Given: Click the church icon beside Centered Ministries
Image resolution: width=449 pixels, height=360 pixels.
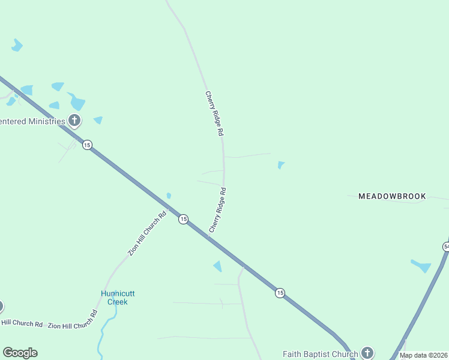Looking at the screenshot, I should tap(74, 121).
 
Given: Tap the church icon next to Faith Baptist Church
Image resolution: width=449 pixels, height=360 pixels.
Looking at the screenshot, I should tap(367, 353).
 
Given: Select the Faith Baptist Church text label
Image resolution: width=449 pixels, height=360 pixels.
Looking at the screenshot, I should tap(321, 354).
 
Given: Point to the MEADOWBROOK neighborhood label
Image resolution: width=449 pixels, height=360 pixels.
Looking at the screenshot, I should tap(392, 196).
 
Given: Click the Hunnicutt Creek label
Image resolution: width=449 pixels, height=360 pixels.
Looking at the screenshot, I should tap(118, 298).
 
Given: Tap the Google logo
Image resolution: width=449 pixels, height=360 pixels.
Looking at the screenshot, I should tap(20, 353).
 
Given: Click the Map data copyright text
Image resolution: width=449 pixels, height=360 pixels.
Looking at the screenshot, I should tap(424, 355).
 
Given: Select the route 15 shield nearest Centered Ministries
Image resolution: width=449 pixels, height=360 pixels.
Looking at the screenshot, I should tap(88, 145).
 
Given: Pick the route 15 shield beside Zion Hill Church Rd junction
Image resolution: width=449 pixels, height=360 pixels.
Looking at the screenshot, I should tap(183, 220).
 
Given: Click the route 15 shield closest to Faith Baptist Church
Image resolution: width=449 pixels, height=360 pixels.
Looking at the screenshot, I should tap(280, 293).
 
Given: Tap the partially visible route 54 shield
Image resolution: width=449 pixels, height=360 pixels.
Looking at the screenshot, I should tap(446, 247).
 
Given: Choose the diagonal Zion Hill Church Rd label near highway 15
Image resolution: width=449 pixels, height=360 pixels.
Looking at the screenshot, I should tap(147, 234).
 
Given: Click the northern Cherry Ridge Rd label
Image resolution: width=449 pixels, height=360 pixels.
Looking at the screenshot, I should tap(214, 113).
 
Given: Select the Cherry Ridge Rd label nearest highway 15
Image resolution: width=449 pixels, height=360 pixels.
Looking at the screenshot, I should tap(217, 210).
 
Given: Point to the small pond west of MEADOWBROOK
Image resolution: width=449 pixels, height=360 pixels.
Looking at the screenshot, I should tap(280, 165).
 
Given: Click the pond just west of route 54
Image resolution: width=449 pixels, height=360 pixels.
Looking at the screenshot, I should tap(421, 265).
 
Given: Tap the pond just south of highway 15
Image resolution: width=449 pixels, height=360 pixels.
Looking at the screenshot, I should tap(218, 266).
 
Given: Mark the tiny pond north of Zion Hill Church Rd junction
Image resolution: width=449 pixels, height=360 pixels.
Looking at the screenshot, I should tap(169, 195).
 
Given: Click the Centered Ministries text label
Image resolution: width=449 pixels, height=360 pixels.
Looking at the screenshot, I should tap(32, 121).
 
